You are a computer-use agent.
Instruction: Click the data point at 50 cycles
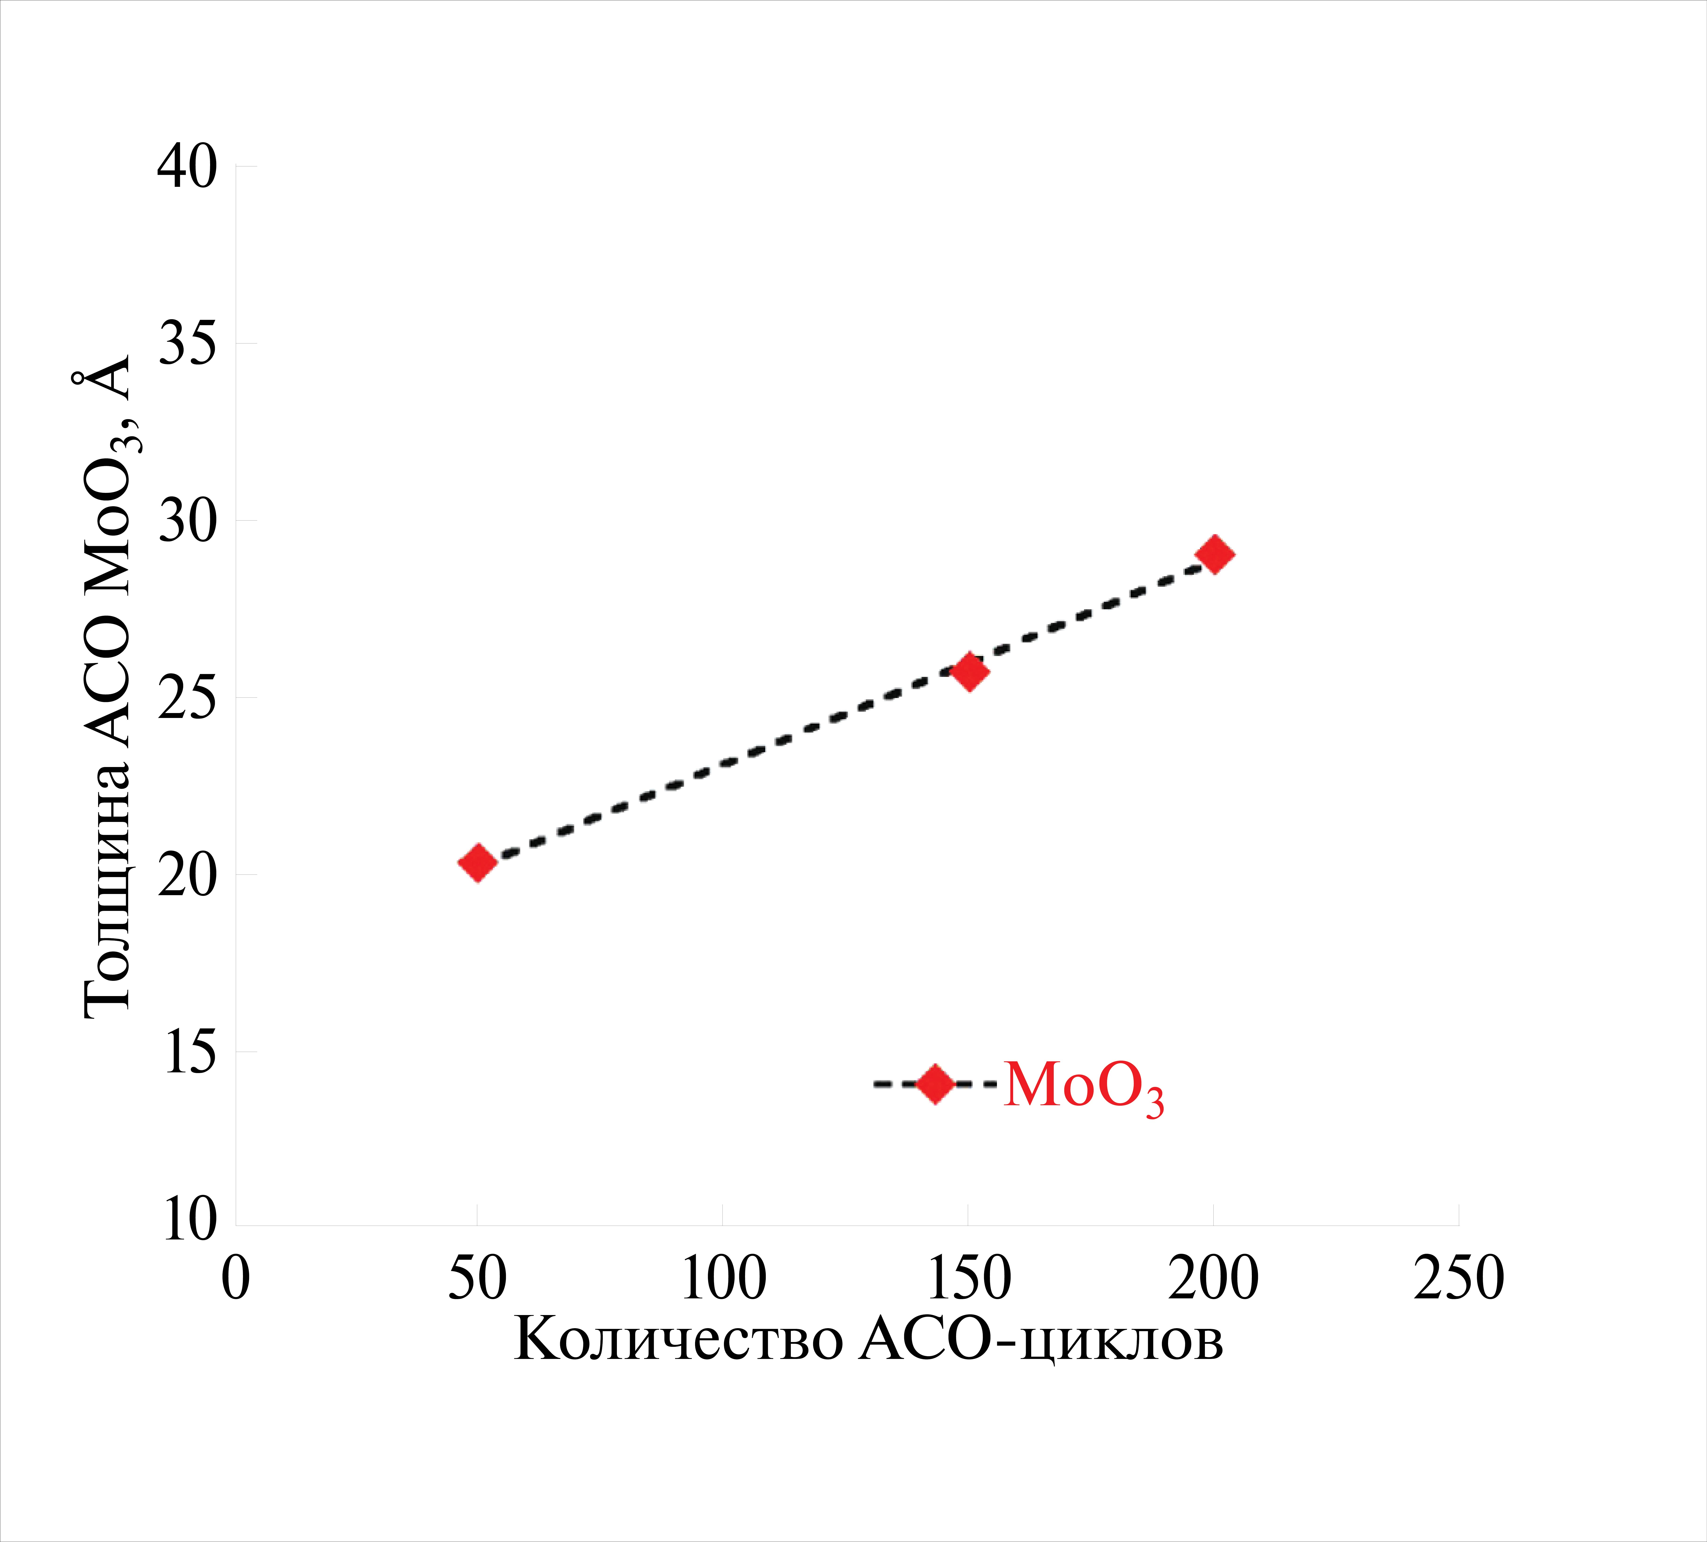477,862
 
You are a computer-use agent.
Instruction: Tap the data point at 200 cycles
1214,555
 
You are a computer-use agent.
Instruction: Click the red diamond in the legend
936,1084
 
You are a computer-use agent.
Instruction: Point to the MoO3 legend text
1084,1086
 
